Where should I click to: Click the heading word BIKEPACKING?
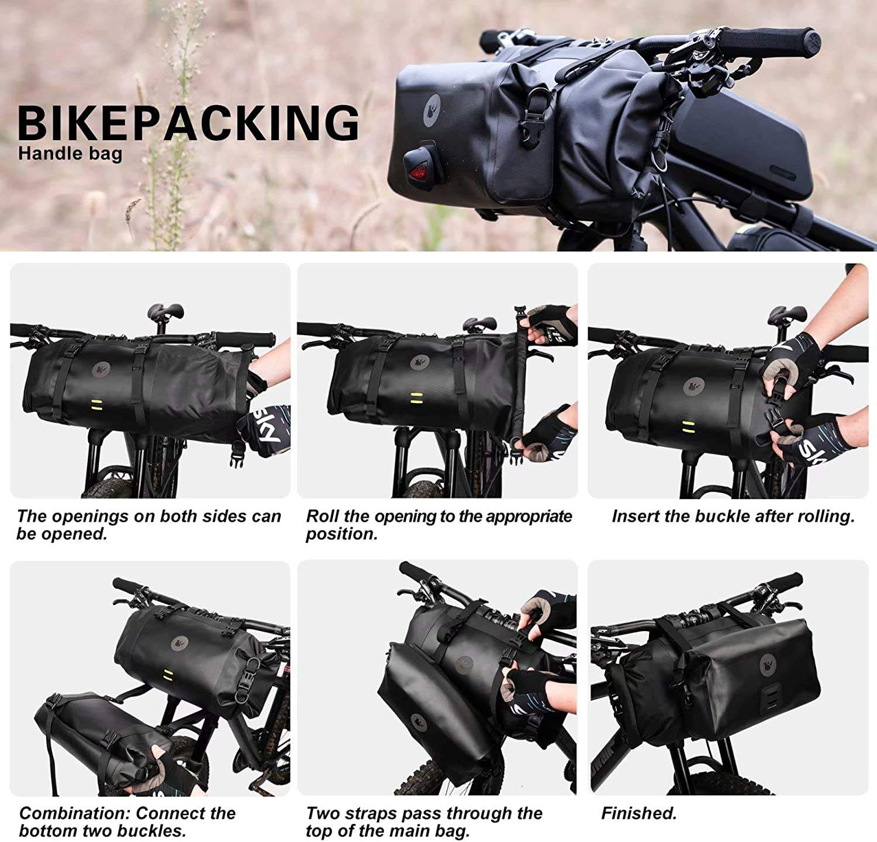click(188, 123)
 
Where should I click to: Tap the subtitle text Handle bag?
click(70, 154)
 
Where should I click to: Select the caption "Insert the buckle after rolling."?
click(733, 517)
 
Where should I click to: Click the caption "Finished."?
click(639, 813)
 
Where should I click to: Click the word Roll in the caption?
click(322, 517)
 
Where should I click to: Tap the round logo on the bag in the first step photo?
click(101, 369)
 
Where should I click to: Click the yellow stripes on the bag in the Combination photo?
click(169, 673)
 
